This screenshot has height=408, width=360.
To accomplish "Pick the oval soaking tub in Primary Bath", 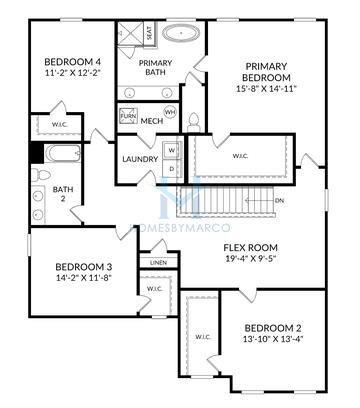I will pyautogui.click(x=180, y=33).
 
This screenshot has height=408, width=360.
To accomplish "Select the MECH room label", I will pyautogui.click(x=152, y=121).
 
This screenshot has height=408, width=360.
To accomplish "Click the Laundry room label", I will pyautogui.click(x=138, y=160).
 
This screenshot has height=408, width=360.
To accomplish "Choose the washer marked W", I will pyautogui.click(x=171, y=151).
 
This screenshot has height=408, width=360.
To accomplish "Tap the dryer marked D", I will pyautogui.click(x=171, y=168).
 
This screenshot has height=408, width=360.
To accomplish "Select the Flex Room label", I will pyautogui.click(x=250, y=248).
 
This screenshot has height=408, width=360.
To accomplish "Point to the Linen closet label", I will pyautogui.click(x=159, y=262).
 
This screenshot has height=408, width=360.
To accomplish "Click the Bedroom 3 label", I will pyautogui.click(x=82, y=267).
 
